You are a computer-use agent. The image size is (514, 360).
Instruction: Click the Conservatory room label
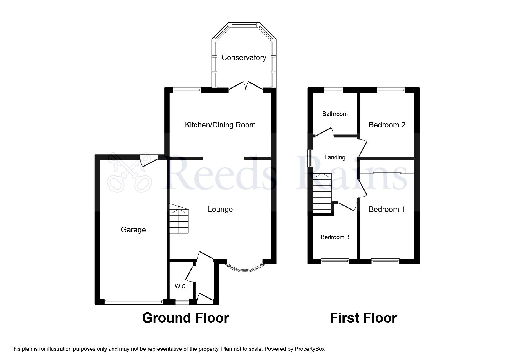click(244, 57)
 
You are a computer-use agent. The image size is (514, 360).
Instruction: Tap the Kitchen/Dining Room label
click(220, 125)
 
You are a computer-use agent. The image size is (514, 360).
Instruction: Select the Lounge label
click(220, 209)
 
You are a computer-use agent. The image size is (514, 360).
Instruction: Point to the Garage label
click(133, 230)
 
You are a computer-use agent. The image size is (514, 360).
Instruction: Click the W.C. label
click(181, 286)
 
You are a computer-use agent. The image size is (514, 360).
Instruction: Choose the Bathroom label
click(335, 114)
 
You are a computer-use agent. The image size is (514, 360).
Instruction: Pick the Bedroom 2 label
click(387, 125)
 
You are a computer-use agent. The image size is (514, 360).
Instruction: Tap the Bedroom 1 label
click(387, 209)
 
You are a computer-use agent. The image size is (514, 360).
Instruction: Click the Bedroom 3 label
click(335, 237)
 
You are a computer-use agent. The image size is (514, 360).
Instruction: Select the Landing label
click(335, 157)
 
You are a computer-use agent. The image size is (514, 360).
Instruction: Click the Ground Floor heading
click(185, 318)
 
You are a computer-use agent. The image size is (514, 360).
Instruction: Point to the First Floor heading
click(363, 318)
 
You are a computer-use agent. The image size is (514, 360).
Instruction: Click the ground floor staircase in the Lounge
click(179, 220)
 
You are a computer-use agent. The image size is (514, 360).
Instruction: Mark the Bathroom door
click(324, 132)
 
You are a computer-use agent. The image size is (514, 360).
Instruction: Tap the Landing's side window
click(310, 158)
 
